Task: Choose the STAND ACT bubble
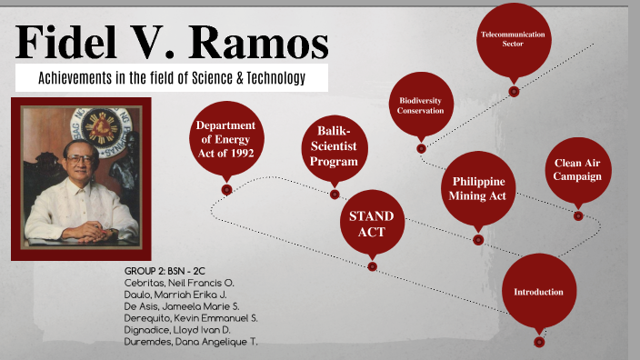pos(372,224)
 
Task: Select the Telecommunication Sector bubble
pos(514,38)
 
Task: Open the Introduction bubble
pos(538,292)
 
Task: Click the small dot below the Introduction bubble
pos(539,342)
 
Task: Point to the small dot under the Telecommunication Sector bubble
pos(514,91)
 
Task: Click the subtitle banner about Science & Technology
pos(172,78)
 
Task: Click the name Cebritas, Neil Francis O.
pos(178,283)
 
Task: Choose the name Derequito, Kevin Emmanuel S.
pos(191,317)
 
